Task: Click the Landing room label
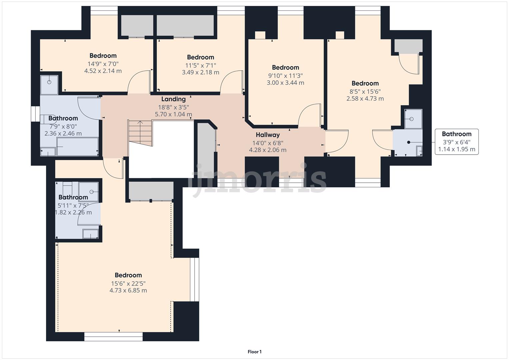coord(173,99)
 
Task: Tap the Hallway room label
coord(268,135)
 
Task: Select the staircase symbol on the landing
coord(140,132)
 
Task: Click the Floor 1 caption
coord(254,352)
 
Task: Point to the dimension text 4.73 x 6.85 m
coord(128,290)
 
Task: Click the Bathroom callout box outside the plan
coord(456,142)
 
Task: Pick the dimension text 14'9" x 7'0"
coord(103,64)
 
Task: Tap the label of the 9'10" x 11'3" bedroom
coord(285,67)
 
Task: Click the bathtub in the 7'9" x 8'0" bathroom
coord(77,147)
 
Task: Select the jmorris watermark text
coord(257,180)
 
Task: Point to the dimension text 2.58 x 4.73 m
coord(365,99)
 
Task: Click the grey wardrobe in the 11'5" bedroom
coord(185,25)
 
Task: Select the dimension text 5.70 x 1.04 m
coord(173,114)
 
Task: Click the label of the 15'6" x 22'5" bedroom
coord(128,275)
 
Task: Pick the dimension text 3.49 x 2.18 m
coord(200,72)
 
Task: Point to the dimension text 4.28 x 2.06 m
coord(268,150)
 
